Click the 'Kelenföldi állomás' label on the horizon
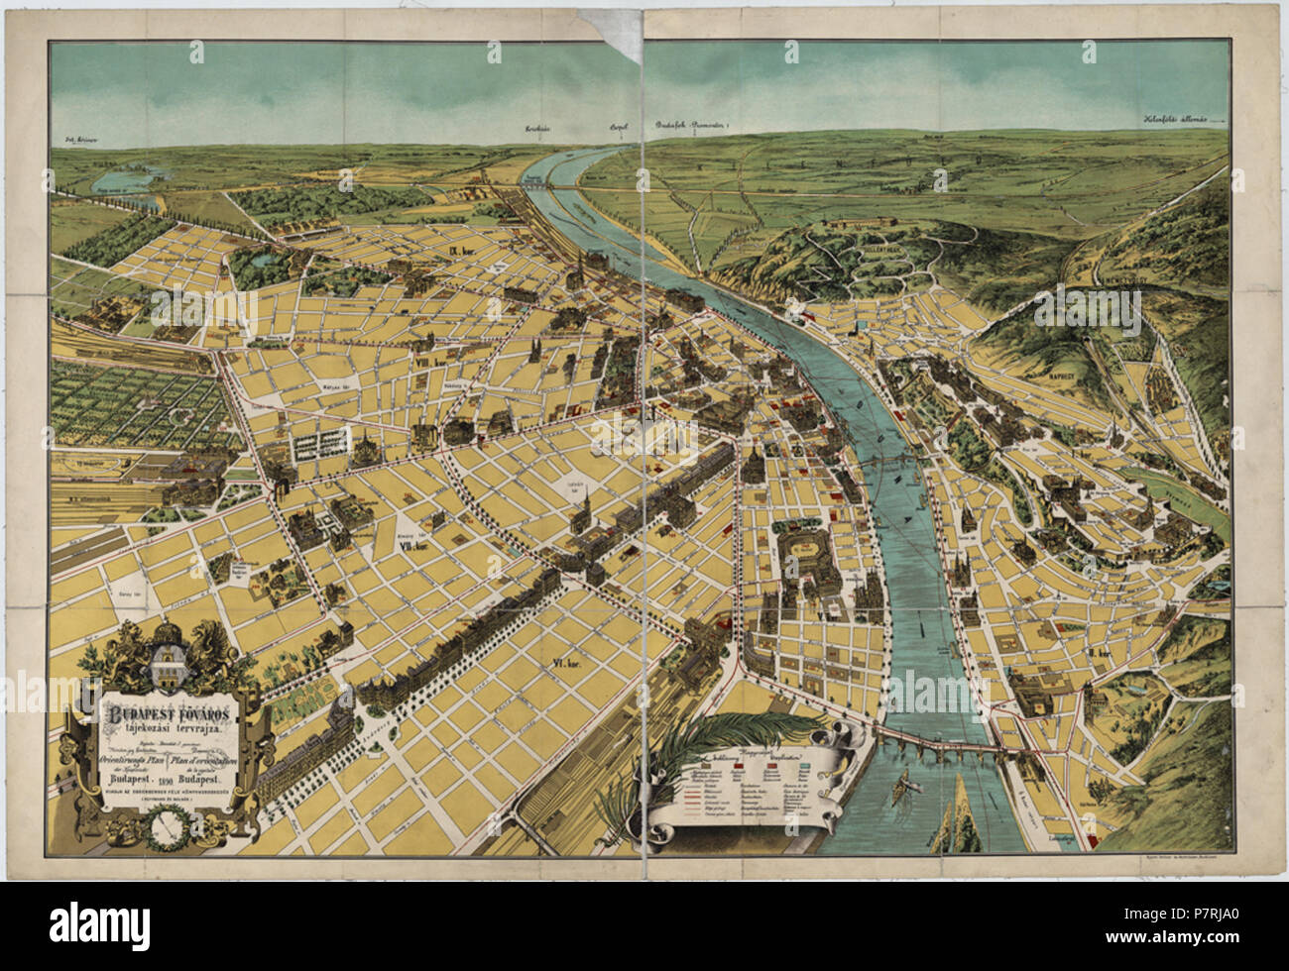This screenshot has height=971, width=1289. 1178,120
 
